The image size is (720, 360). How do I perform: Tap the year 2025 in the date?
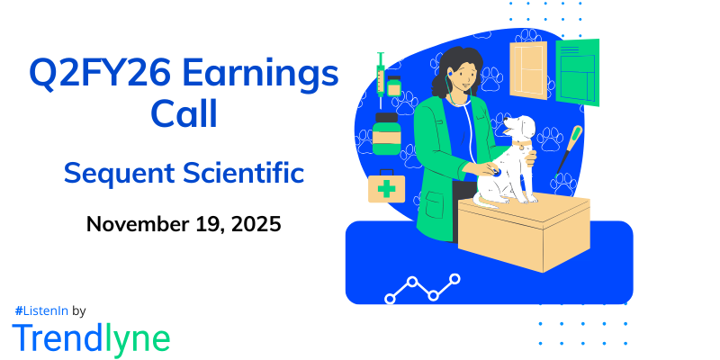point(256,223)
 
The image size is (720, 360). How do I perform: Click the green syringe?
point(381,72)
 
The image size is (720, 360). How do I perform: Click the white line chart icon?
point(422,288)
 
